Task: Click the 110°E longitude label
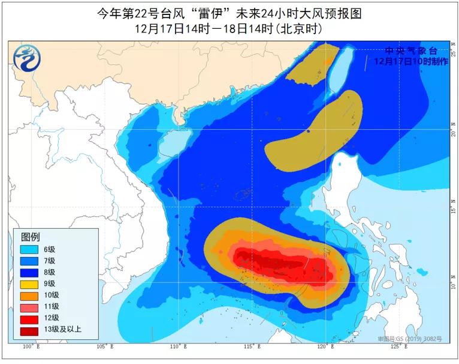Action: coord(178,347)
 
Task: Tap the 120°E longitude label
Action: coord(325,347)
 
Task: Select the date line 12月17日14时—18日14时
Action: coord(229,28)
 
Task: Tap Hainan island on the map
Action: coord(173,144)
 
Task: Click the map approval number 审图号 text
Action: coord(409,339)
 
